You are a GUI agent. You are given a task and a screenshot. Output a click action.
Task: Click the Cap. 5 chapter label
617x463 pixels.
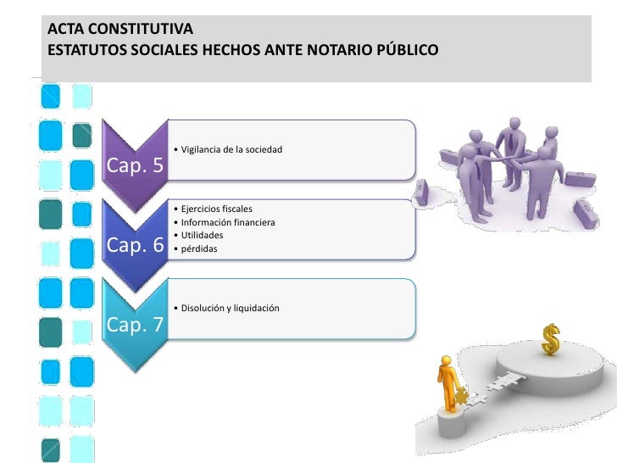click(x=135, y=165)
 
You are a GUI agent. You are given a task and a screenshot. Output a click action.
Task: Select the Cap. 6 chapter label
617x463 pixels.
click(x=135, y=246)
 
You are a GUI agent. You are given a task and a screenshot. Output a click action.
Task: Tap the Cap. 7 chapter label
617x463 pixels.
click(x=135, y=326)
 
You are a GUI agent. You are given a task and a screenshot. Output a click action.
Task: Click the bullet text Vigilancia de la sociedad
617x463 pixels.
click(x=230, y=150)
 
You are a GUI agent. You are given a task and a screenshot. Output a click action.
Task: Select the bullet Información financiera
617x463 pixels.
click(x=227, y=223)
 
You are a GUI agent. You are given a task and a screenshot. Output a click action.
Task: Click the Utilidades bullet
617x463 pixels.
click(x=202, y=235)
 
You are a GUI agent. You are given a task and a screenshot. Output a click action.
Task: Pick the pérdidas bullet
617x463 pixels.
click(x=198, y=248)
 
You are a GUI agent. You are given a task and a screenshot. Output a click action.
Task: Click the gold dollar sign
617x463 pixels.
click(x=552, y=340)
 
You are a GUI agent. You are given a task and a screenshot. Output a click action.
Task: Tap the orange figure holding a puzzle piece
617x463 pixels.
click(x=448, y=384)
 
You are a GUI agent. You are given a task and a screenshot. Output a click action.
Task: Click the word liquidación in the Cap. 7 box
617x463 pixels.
click(x=253, y=308)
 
